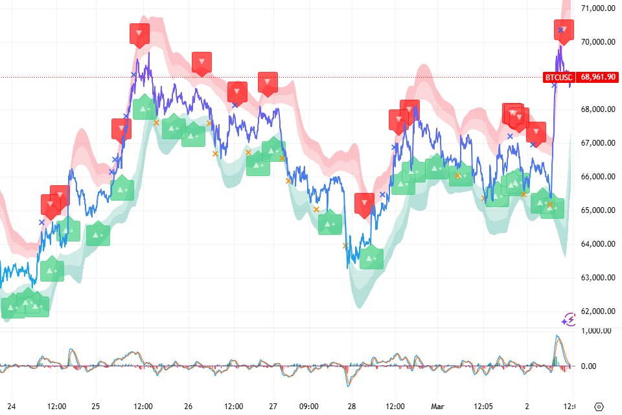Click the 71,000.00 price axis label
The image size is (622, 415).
coord(597,8)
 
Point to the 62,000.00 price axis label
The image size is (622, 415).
coord(597,311)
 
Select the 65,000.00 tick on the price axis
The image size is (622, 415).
coord(597,210)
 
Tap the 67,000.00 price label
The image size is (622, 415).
coord(597,143)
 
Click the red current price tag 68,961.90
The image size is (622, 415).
coord(597,77)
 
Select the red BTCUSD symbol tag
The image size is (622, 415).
coord(559,77)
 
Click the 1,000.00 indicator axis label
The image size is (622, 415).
coord(597,331)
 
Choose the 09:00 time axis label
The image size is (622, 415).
coord(308,406)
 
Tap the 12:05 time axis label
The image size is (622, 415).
coord(486,406)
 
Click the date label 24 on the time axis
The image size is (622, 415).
coord(11,406)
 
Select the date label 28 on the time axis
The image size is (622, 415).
coord(352,406)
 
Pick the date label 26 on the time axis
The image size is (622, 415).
coord(188,406)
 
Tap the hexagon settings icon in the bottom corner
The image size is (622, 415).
coord(599,406)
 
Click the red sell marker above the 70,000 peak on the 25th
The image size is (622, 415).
coord(139,34)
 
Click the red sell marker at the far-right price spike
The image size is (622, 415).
coord(564,30)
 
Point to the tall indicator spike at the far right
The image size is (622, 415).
coord(557,341)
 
